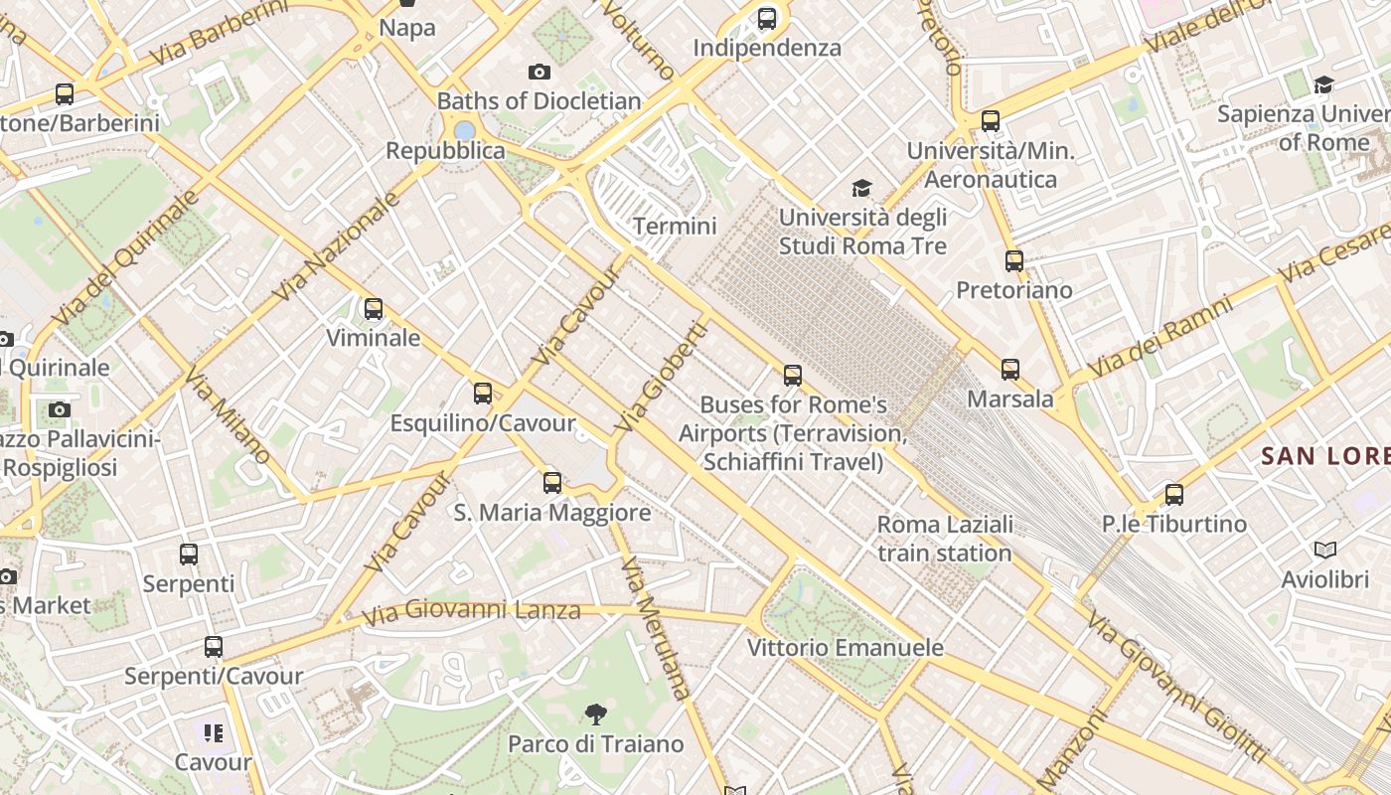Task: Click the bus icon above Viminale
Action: click(374, 309)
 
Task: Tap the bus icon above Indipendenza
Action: click(767, 18)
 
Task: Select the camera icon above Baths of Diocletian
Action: click(540, 72)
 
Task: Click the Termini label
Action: click(675, 227)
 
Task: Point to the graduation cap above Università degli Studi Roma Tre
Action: click(861, 188)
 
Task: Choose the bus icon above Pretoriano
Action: click(1014, 261)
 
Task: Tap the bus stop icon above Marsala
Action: click(1010, 370)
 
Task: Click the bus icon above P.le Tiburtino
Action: click(1174, 494)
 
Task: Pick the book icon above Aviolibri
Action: click(1324, 550)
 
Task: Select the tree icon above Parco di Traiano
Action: click(596, 714)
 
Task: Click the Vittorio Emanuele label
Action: click(846, 648)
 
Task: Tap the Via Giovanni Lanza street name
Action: click(471, 610)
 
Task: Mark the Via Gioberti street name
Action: click(662, 377)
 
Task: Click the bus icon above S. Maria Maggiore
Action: click(552, 483)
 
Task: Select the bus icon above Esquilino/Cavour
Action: click(483, 393)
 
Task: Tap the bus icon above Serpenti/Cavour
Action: click(214, 647)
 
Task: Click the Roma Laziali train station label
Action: click(945, 539)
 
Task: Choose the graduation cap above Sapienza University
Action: click(1323, 84)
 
